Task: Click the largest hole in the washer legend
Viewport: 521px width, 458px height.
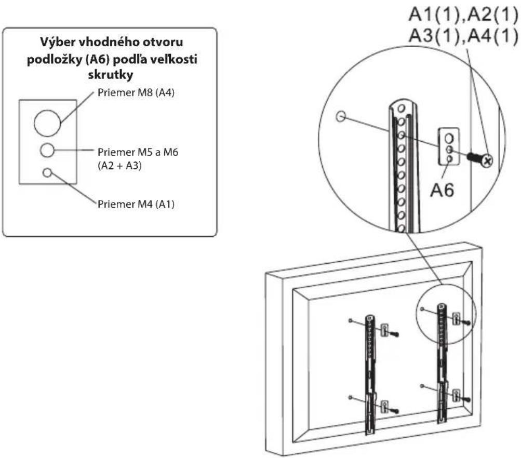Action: tap(47, 123)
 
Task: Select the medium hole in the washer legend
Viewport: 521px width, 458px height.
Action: tap(47, 151)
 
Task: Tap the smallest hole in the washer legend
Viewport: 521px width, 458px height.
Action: tap(47, 173)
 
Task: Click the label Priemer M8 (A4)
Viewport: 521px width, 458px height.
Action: tap(136, 92)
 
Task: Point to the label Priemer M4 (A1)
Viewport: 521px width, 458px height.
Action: tap(136, 204)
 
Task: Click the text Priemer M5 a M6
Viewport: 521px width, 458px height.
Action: tap(138, 152)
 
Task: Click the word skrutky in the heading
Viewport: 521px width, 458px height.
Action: tap(110, 75)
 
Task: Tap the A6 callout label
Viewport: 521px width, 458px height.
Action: tap(442, 190)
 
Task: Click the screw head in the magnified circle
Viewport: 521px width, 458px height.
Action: tap(487, 161)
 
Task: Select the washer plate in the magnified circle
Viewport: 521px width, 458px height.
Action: tap(449, 146)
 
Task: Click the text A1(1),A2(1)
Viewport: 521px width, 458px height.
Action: tap(463, 15)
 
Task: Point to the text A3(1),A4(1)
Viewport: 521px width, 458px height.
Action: tap(463, 35)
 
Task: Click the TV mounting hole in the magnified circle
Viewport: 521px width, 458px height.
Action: tap(341, 116)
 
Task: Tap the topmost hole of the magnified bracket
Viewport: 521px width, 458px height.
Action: tap(402, 109)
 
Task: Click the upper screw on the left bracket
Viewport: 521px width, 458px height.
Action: tap(394, 334)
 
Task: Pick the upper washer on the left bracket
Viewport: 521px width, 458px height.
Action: tap(384, 330)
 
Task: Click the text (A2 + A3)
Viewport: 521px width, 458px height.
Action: tap(119, 166)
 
